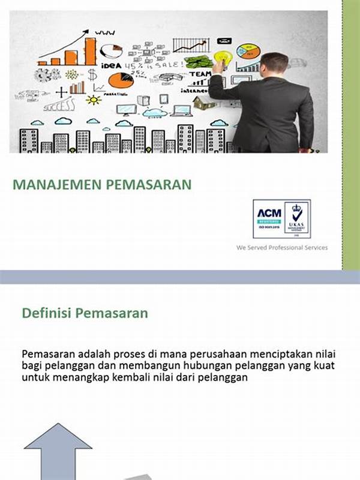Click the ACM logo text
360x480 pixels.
[269, 213]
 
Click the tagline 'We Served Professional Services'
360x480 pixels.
[282, 247]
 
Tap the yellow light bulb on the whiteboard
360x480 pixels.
[223, 58]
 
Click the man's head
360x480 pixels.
[275, 65]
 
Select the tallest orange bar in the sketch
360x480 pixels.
[90, 50]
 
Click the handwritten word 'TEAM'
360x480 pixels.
[199, 74]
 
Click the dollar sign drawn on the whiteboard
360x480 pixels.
[92, 75]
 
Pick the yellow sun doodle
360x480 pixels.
[94, 100]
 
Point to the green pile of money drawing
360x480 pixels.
[199, 60]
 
